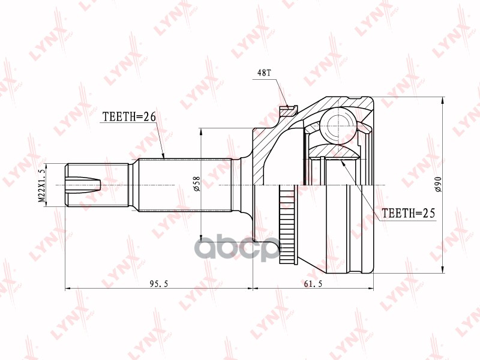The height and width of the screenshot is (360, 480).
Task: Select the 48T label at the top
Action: pyautogui.click(x=265, y=73)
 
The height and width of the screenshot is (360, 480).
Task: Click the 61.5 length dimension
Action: pyautogui.click(x=313, y=284)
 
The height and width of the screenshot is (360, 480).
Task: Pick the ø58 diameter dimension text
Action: pyautogui.click(x=196, y=184)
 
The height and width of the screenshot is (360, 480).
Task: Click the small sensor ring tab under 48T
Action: pyautogui.click(x=289, y=110)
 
